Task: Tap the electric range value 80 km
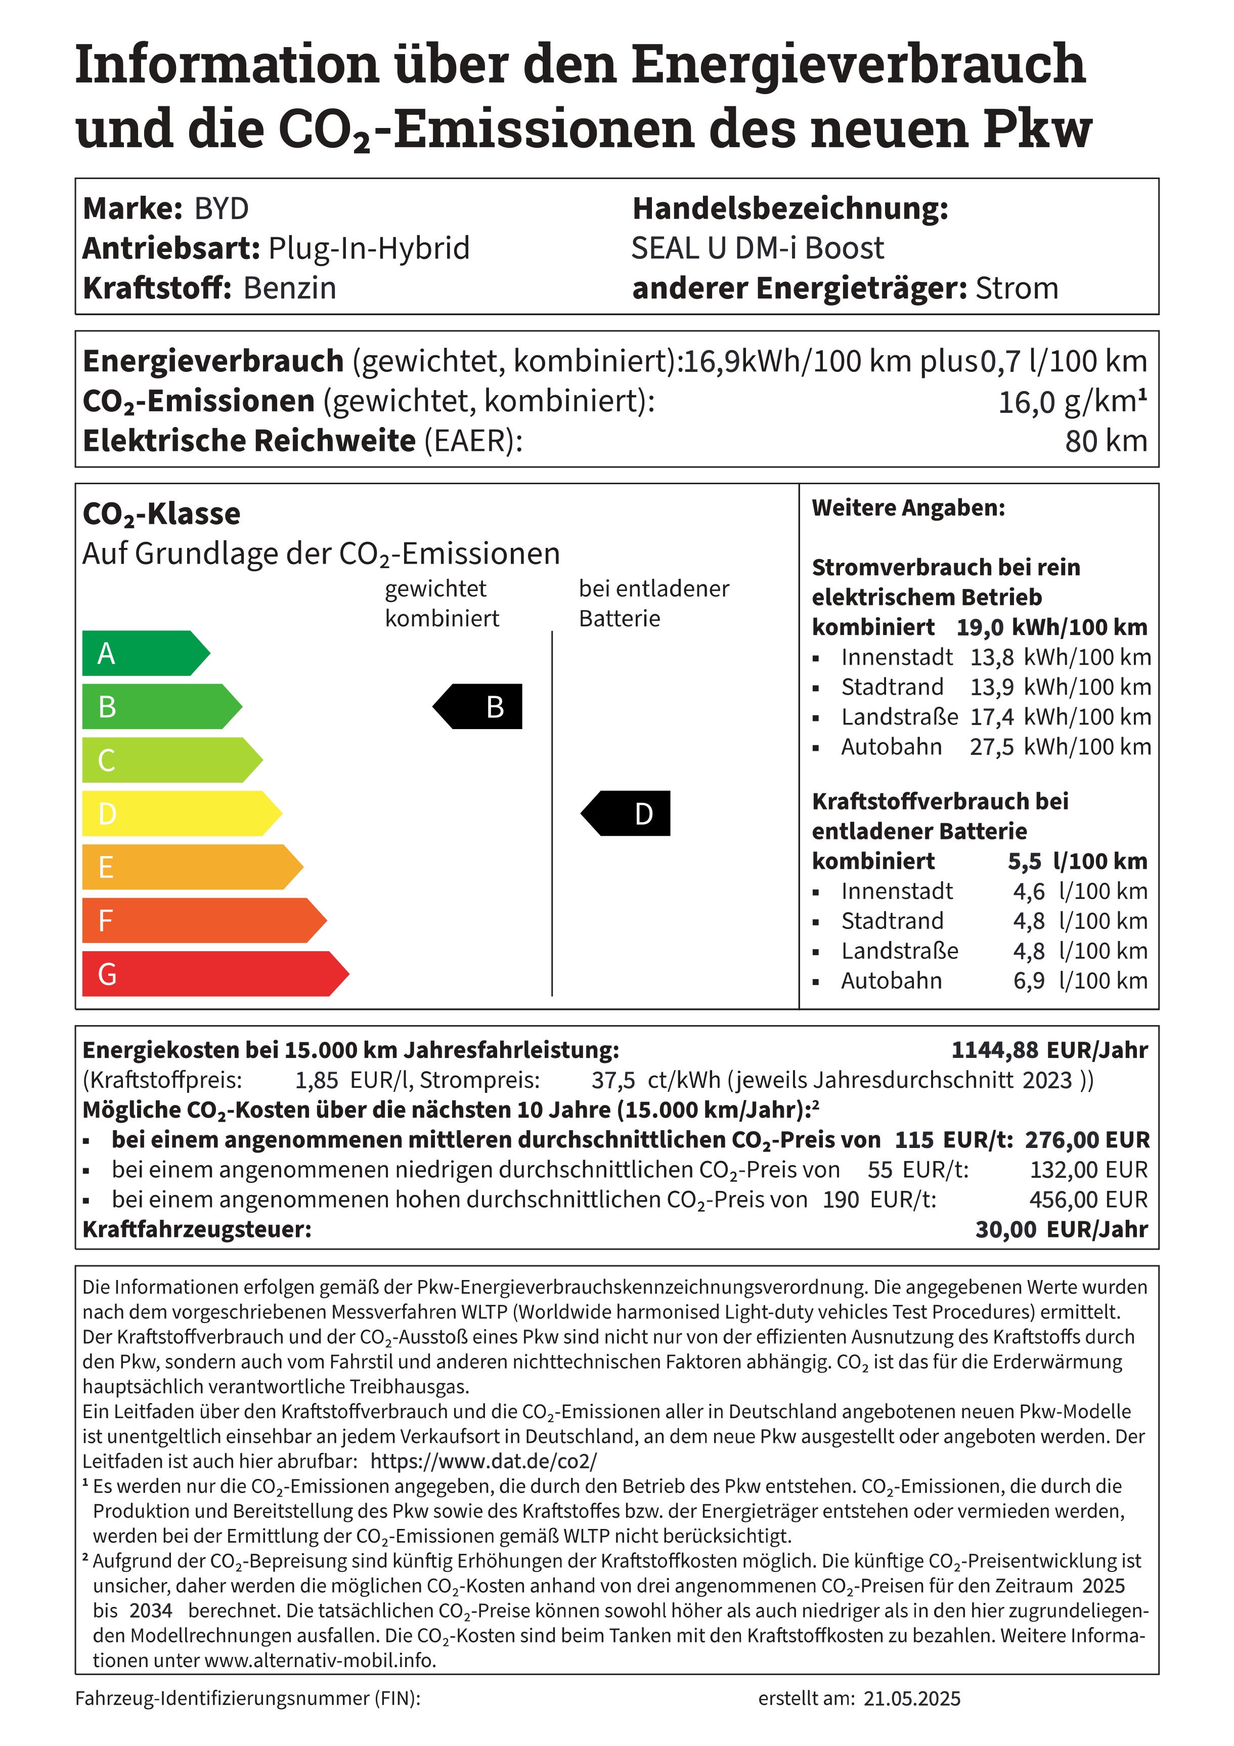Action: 1106,441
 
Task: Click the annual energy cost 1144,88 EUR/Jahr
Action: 1049,1050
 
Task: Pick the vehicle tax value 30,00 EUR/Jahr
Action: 1062,1229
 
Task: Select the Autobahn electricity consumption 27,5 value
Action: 991,747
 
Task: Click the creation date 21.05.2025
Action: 912,1699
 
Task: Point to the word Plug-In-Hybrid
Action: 370,248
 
